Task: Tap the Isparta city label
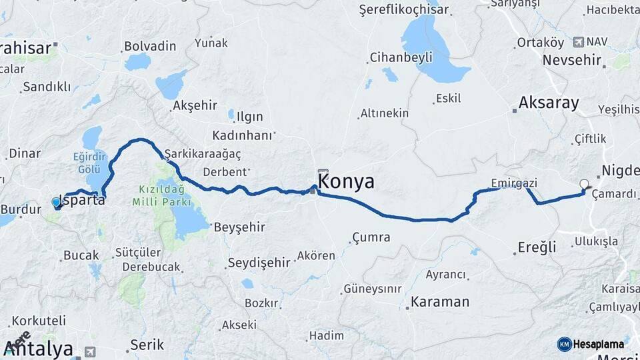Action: [x=83, y=199]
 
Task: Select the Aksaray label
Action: [x=549, y=103]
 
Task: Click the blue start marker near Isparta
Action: [x=56, y=202]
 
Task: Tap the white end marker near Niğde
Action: [x=585, y=184]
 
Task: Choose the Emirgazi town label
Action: [x=513, y=183]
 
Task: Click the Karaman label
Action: [x=439, y=302]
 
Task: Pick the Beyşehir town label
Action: [x=239, y=227]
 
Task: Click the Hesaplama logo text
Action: [x=598, y=344]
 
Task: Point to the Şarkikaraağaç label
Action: [x=203, y=153]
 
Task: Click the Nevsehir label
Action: [x=573, y=59]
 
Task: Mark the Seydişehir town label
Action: [x=259, y=263]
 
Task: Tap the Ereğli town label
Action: [x=537, y=248]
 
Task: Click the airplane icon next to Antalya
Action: [x=90, y=351]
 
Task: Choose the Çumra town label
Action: [x=371, y=237]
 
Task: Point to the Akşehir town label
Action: [x=195, y=105]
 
